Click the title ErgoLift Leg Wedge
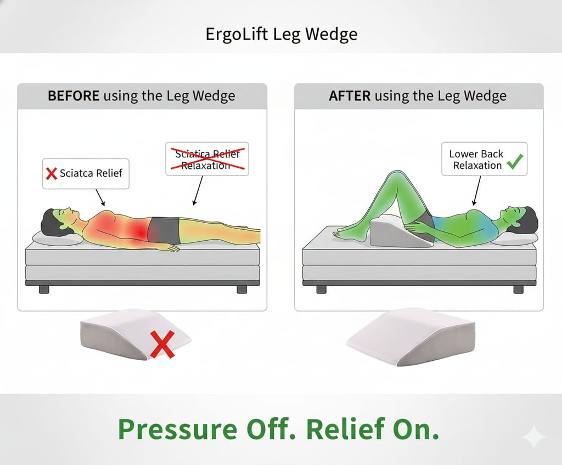point(281,35)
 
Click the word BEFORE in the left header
point(73,96)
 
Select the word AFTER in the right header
point(350,96)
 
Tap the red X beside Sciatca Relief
point(51,174)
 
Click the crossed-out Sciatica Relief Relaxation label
point(207,159)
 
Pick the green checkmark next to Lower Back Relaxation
point(515,161)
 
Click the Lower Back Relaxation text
point(476,160)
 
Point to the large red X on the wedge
point(162,344)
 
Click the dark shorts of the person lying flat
point(165,229)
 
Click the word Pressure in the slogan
point(176,429)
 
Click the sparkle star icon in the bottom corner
point(533,438)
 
